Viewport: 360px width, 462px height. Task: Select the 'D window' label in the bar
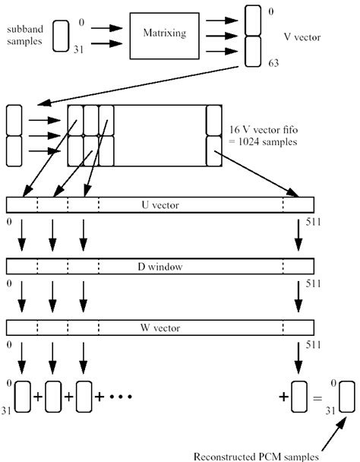coord(160,267)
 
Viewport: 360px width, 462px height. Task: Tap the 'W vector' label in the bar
coord(160,328)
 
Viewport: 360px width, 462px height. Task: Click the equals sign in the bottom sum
coord(323,397)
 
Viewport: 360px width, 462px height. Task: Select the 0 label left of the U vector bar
coord(8,223)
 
